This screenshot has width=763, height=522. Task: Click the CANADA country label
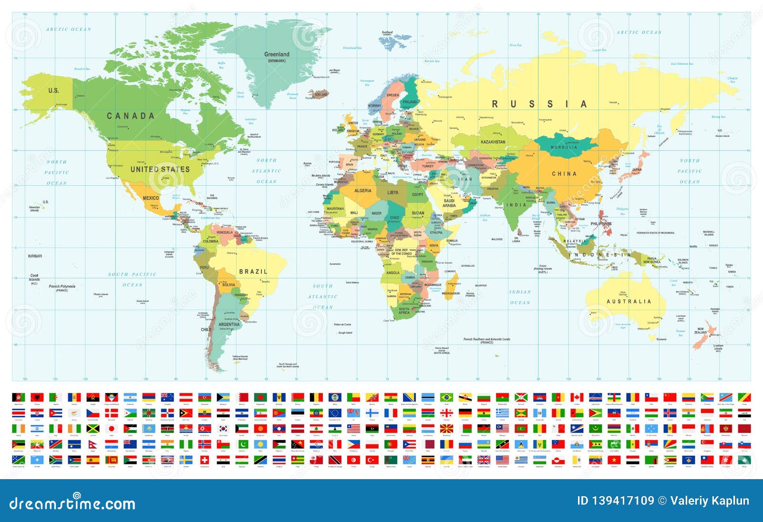[130, 116]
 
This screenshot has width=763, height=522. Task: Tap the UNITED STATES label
[160, 169]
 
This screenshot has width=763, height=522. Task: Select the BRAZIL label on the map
[253, 271]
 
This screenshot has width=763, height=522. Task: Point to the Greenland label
[277, 54]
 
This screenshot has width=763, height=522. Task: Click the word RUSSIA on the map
[539, 104]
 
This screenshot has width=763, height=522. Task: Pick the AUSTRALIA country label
[629, 301]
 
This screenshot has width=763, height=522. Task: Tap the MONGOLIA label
[564, 147]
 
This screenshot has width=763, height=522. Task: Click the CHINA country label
[564, 174]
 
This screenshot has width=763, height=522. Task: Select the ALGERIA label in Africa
[362, 191]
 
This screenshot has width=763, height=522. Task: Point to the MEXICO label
[151, 198]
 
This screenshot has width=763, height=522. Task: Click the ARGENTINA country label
[229, 324]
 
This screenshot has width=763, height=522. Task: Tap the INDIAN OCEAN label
[520, 297]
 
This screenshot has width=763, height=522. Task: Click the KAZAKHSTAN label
[493, 142]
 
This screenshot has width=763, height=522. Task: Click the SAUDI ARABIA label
[449, 203]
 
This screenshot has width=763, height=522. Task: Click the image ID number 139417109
[622, 501]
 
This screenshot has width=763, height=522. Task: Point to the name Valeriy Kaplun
[710, 501]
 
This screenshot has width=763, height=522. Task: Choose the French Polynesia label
[62, 287]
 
